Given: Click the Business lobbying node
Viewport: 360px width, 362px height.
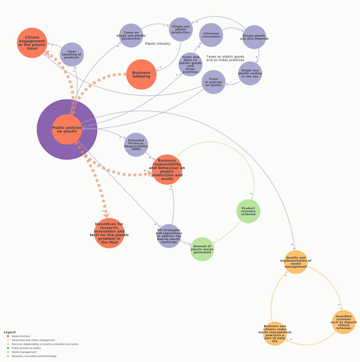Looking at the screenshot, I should click(141, 74).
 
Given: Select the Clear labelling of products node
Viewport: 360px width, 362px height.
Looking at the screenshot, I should click(72, 54).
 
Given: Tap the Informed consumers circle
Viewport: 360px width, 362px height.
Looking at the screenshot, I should click(211, 35).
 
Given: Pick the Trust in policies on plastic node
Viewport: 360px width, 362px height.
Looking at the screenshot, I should click(214, 82).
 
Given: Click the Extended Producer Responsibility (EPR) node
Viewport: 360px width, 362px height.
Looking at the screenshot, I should click(136, 145).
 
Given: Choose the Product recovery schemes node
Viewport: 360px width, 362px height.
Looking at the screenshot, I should click(248, 211).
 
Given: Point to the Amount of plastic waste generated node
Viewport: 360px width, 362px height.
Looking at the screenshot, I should click(202, 249).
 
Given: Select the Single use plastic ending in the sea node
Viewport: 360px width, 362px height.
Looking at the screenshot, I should click(250, 73).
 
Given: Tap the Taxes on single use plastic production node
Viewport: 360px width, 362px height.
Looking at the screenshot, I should click(131, 36).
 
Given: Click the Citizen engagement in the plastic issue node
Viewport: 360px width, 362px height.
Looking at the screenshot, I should click(32, 43).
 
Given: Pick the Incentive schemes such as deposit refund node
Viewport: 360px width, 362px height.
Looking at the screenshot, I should click(344, 322).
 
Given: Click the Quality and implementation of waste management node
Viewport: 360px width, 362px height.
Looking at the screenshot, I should click(296, 262).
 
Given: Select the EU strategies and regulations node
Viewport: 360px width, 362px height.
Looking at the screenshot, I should click(169, 236).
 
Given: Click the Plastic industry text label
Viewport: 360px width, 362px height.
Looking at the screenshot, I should click(158, 44).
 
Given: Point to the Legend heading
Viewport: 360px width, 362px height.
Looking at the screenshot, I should click(10, 332).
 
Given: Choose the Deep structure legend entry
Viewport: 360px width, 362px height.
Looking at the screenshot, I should click(20, 336).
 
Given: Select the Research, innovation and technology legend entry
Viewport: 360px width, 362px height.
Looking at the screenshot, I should click(34, 356).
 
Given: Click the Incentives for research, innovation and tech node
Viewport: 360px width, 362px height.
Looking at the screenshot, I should click(109, 233).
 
